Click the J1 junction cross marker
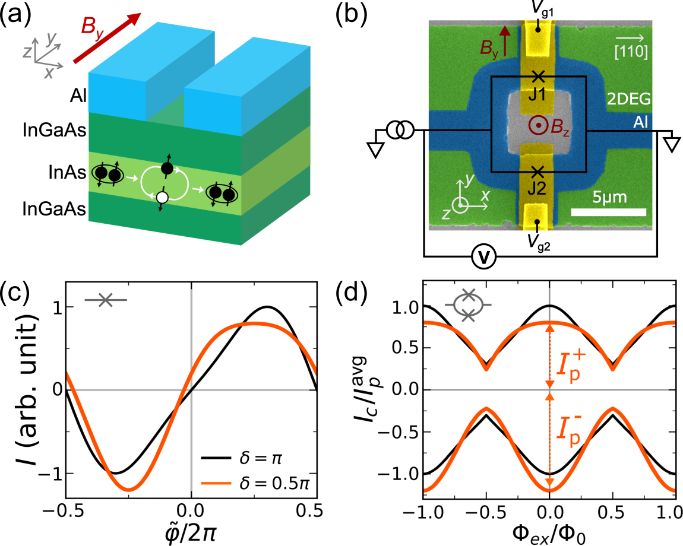[538, 77]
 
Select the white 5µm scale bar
[609, 212]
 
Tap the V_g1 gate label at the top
[538, 8]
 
